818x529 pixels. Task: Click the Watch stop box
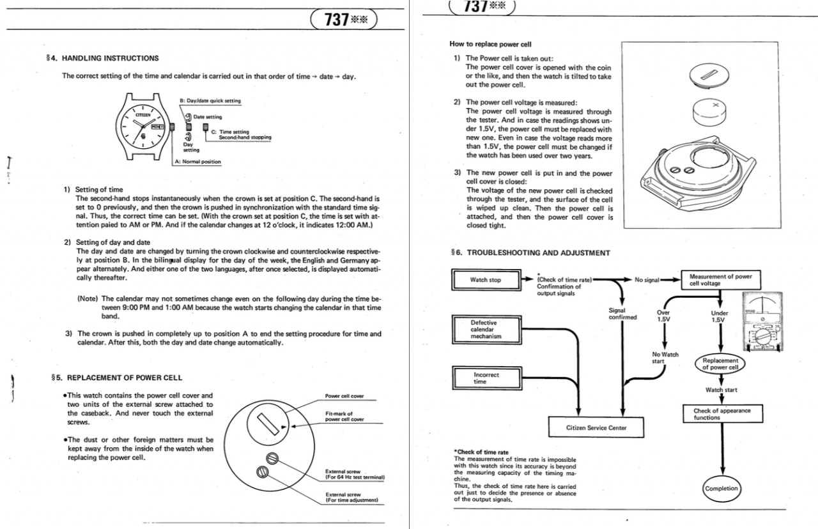(x=486, y=280)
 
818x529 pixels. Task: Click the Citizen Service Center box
(x=596, y=427)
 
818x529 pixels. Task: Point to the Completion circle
(x=721, y=489)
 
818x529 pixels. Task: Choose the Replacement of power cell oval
(x=720, y=364)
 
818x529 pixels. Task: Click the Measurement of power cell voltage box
(x=721, y=280)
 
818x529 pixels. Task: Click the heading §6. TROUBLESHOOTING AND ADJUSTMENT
(x=530, y=253)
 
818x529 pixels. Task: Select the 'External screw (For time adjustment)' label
(x=352, y=497)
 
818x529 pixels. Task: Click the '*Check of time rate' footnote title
(x=481, y=452)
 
